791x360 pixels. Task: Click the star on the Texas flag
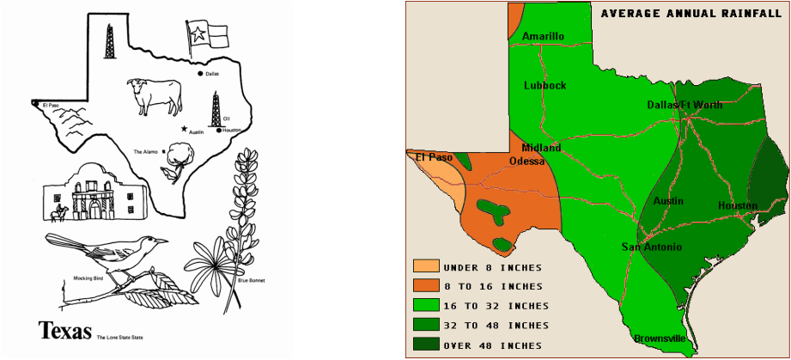[x=197, y=35]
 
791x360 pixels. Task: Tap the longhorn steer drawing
[x=155, y=94]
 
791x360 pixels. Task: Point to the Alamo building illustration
[x=90, y=192]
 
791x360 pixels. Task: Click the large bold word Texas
[x=65, y=331]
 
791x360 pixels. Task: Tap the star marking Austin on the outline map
[x=184, y=128]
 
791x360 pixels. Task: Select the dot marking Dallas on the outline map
[x=200, y=75]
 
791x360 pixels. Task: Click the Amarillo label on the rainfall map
[x=543, y=36]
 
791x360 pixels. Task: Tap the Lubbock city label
[x=545, y=85]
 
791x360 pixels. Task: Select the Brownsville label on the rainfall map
[x=660, y=339]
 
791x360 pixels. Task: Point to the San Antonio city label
[x=652, y=247]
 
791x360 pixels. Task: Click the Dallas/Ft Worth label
[x=685, y=105]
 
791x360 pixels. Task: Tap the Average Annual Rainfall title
[x=684, y=13]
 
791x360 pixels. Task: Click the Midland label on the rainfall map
[x=541, y=148]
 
